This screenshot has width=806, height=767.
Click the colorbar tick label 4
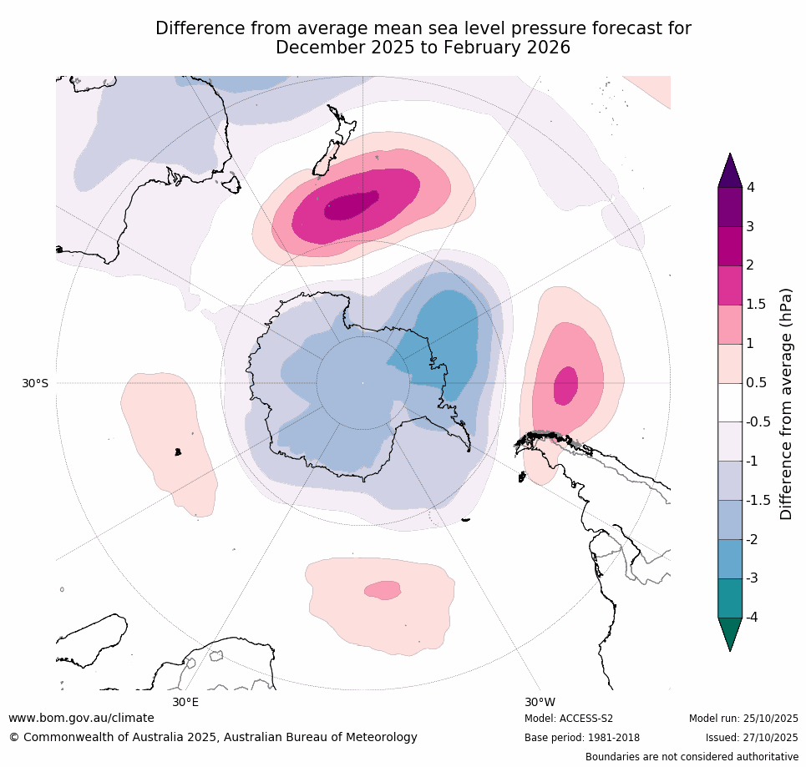coord(750,188)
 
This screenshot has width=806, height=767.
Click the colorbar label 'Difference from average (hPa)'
coord(786,404)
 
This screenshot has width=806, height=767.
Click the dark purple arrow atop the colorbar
coord(731,170)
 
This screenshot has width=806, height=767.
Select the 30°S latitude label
coord(35,383)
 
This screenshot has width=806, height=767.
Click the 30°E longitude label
coord(185,702)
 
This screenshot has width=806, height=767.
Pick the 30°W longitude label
coord(540,702)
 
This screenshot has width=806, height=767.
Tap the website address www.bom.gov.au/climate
coord(81,718)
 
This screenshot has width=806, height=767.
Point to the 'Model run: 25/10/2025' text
coord(743,719)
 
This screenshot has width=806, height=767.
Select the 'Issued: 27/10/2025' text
coord(751,738)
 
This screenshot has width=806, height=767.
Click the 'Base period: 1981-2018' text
coord(581,738)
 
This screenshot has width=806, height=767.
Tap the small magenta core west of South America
coord(565,384)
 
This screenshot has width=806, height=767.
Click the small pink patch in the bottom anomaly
coord(383,590)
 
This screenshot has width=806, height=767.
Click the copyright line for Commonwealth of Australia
coord(213,738)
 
